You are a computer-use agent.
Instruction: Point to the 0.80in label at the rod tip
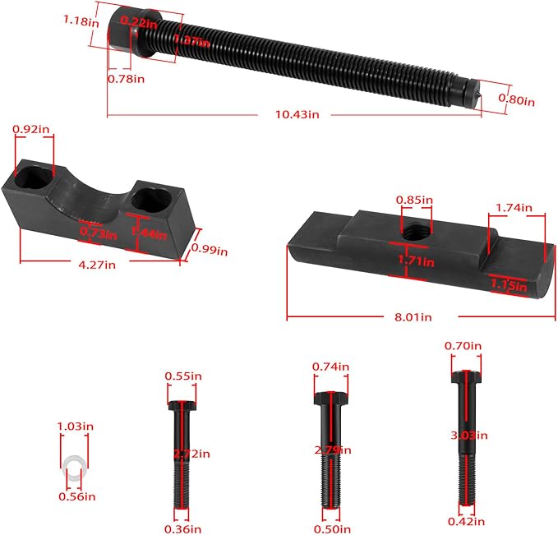pyautogui.click(x=517, y=100)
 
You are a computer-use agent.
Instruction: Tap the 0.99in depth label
pyautogui.click(x=209, y=249)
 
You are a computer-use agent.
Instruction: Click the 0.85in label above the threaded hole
pyautogui.click(x=413, y=199)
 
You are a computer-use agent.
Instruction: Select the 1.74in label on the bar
pyautogui.click(x=514, y=207)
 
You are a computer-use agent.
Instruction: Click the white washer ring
pyautogui.click(x=74, y=466)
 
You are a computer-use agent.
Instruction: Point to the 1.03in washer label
pyautogui.click(x=75, y=426)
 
